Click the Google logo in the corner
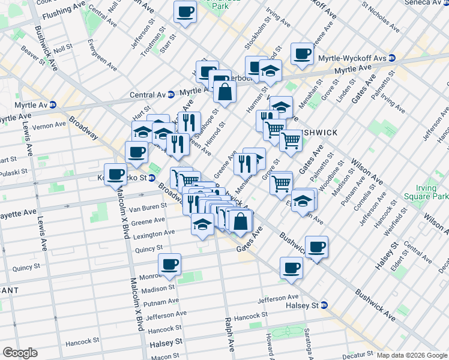click(x=20, y=353)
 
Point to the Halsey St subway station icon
click(x=325, y=305)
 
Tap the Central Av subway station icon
click(x=171, y=94)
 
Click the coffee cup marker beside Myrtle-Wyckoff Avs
click(x=303, y=55)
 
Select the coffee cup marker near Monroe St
click(x=170, y=265)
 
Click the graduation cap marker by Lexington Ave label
click(x=203, y=226)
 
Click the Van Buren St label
click(x=148, y=208)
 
